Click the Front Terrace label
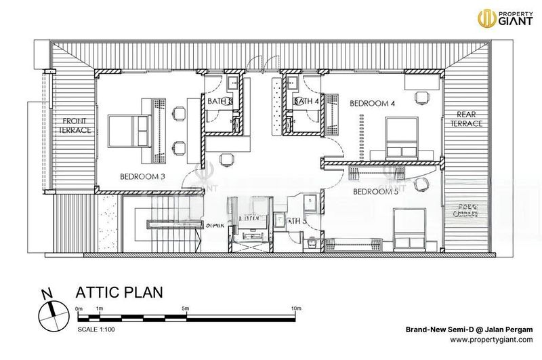pos(74,125)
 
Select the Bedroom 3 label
pos(143,178)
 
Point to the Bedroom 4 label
pos(372,104)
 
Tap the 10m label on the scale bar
pos(295,309)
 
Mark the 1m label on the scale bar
pos(100,309)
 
